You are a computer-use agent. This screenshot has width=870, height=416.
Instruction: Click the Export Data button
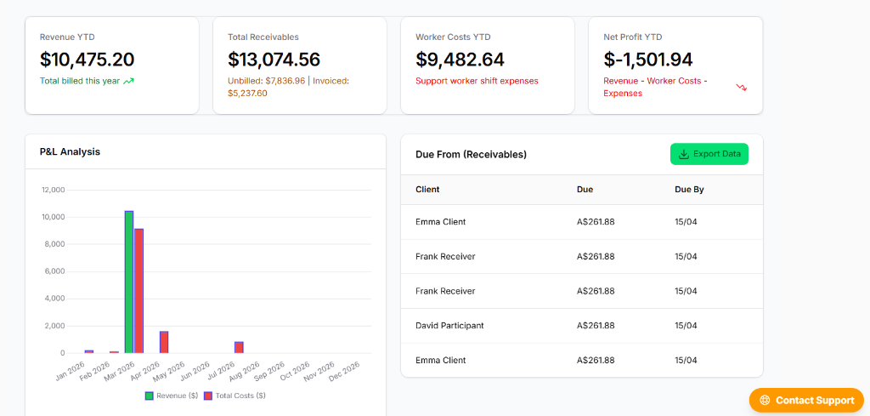[x=709, y=154]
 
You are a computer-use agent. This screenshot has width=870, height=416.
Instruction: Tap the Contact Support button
[x=806, y=400]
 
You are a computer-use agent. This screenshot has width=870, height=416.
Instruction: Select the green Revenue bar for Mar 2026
[x=129, y=282]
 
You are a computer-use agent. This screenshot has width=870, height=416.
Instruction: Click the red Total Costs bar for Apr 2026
[x=164, y=342]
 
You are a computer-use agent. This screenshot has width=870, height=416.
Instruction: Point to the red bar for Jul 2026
[x=239, y=348]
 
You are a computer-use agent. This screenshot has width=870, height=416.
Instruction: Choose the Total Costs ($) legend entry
[x=234, y=396]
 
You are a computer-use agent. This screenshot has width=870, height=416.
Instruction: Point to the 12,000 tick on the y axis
[x=54, y=190]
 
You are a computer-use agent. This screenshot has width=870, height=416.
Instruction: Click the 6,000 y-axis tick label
[x=55, y=271]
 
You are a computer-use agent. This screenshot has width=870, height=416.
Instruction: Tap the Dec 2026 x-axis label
[x=345, y=371]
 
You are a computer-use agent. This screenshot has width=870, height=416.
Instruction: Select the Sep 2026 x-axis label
[x=270, y=371]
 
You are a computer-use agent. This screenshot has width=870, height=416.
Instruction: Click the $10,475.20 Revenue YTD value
[x=88, y=60]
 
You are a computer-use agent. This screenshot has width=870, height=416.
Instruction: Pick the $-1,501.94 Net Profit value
[x=648, y=60]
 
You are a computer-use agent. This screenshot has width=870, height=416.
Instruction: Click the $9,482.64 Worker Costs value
[x=460, y=60]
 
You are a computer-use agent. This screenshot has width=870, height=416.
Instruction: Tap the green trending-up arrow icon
[x=129, y=81]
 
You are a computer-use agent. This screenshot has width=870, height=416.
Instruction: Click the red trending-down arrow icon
[x=741, y=88]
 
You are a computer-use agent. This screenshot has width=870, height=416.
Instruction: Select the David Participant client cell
[x=449, y=326]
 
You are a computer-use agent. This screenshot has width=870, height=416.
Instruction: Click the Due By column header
[x=689, y=190]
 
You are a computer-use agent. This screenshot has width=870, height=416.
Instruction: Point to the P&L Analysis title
[x=70, y=151]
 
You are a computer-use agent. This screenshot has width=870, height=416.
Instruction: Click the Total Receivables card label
[x=263, y=37]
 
